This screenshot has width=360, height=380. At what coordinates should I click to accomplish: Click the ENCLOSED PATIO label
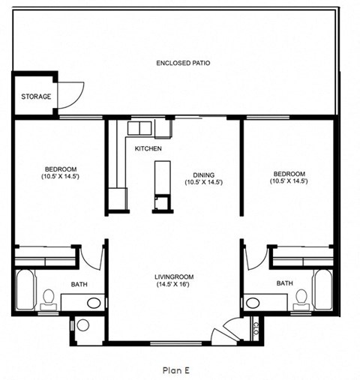(183, 63)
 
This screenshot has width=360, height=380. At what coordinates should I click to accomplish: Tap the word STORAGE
(36, 97)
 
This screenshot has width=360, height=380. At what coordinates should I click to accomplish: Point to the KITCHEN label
(148, 149)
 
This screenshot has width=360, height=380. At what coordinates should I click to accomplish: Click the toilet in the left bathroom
(48, 298)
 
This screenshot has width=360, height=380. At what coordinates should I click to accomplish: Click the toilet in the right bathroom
(301, 298)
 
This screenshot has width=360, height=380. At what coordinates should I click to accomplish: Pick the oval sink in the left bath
(94, 303)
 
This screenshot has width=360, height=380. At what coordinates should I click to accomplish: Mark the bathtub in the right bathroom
(323, 290)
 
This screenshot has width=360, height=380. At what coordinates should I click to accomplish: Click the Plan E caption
(178, 369)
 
